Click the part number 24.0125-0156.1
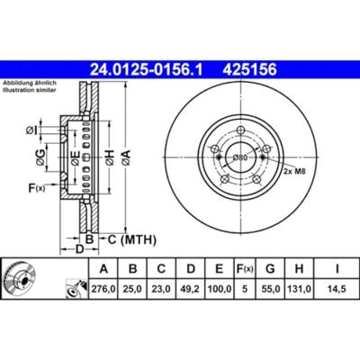(147, 70)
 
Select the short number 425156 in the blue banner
(249, 70)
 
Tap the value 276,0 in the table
(103, 289)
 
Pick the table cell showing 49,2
(191, 289)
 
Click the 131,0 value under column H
(299, 289)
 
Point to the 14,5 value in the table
(337, 289)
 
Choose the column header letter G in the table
(270, 269)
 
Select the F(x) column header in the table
(245, 269)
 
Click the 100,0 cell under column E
(220, 289)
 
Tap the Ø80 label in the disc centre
(239, 157)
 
